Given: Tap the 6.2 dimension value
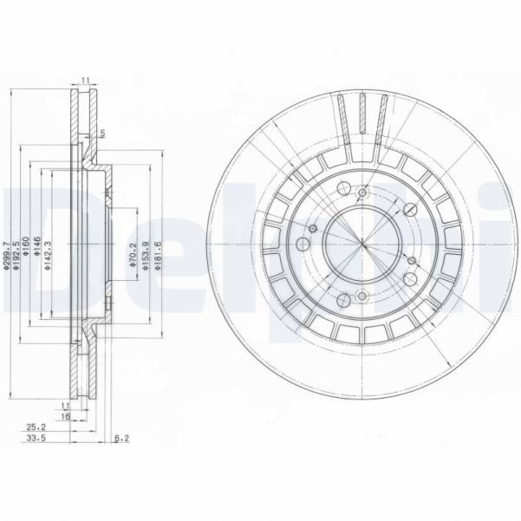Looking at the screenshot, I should (121, 439).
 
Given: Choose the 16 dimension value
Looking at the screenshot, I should (65, 416).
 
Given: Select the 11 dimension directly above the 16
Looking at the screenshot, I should (65, 405).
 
